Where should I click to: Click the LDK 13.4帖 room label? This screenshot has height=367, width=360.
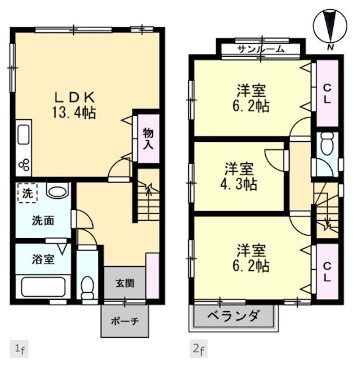pyautogui.click(x=74, y=106)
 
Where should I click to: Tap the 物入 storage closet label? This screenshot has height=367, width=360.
pyautogui.click(x=149, y=139)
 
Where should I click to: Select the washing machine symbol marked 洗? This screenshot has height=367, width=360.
pyautogui.click(x=28, y=193)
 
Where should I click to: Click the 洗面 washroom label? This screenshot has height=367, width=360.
pyautogui.click(x=43, y=221)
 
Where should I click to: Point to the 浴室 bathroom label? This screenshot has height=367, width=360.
pyautogui.click(x=43, y=259)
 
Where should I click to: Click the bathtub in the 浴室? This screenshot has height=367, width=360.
pyautogui.click(x=43, y=287)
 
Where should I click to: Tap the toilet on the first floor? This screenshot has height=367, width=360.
pyautogui.click(x=87, y=287)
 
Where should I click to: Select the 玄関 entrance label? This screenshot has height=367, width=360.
pyautogui.click(x=125, y=283)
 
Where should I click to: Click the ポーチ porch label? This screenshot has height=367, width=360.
pyautogui.click(x=125, y=321)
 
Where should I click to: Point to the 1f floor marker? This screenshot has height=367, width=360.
pyautogui.click(x=20, y=349)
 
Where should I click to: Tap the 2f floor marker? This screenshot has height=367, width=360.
pyautogui.click(x=199, y=349)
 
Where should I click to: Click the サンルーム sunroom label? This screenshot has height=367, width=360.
pyautogui.click(x=260, y=49)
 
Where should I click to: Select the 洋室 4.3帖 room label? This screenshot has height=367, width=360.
pyautogui.click(x=239, y=176)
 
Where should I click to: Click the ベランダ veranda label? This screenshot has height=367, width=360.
pyautogui.click(x=233, y=316)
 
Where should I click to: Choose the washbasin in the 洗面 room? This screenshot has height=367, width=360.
pyautogui.click(x=59, y=191)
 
